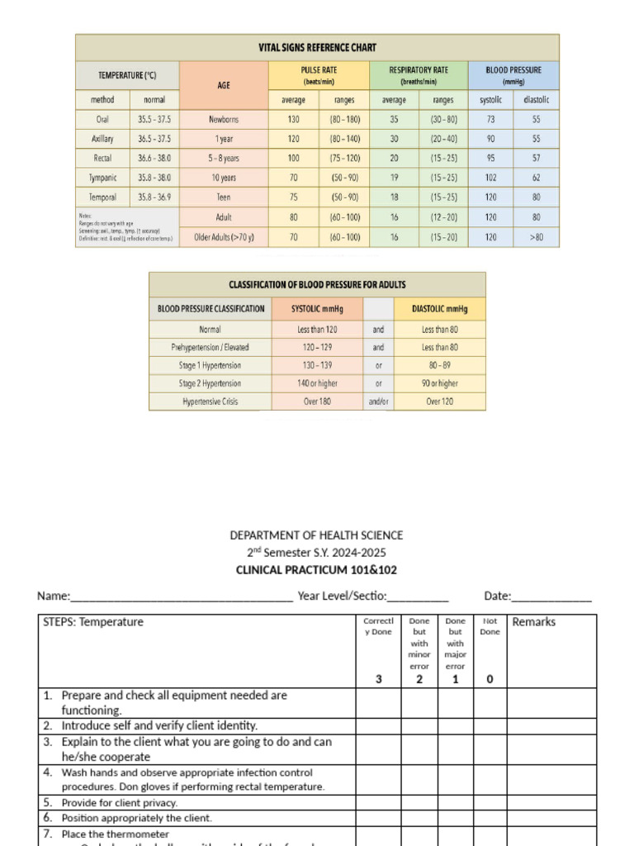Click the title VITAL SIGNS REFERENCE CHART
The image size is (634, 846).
pyautogui.click(x=317, y=48)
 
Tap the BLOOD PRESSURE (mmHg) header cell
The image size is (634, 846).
pyautogui.click(x=513, y=75)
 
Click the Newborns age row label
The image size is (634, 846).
pyautogui.click(x=224, y=120)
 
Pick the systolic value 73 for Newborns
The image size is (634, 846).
pyautogui.click(x=490, y=120)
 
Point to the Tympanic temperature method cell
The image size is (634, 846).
pyautogui.click(x=102, y=178)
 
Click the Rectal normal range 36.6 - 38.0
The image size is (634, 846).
pyautogui.click(x=154, y=158)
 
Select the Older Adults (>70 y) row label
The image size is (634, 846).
pyautogui.click(x=224, y=237)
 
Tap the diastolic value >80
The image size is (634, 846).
pyautogui.click(x=537, y=237)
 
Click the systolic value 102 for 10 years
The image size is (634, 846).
pyautogui.click(x=490, y=178)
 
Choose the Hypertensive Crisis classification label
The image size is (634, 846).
pyautogui.click(x=211, y=402)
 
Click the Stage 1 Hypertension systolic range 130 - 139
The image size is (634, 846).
pyautogui.click(x=317, y=365)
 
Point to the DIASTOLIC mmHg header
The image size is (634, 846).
pyautogui.click(x=439, y=309)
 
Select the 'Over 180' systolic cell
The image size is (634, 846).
pyautogui.click(x=317, y=402)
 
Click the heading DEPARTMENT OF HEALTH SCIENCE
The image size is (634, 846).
pyautogui.click(x=316, y=535)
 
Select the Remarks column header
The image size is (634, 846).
pyautogui.click(x=534, y=622)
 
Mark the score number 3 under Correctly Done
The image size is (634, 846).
pyautogui.click(x=379, y=679)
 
